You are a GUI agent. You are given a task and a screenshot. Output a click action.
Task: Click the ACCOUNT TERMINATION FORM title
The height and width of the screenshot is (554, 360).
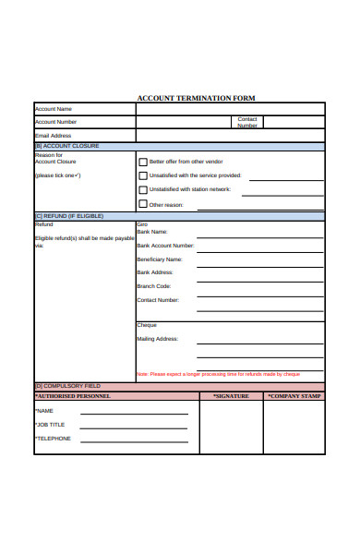[x=196, y=98]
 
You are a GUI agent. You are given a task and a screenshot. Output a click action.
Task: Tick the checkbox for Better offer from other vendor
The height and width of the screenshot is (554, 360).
[x=142, y=160]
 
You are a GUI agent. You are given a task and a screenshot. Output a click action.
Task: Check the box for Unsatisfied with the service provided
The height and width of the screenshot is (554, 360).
[x=142, y=175]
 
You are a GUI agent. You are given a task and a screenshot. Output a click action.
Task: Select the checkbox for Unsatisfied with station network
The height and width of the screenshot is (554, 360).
[x=142, y=189]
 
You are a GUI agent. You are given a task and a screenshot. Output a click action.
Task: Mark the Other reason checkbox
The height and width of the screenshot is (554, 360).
[x=142, y=204]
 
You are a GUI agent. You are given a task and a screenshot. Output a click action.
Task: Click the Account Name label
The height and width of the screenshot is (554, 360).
[x=54, y=109]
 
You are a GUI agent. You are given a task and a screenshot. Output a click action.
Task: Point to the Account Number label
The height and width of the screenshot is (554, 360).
[x=55, y=122]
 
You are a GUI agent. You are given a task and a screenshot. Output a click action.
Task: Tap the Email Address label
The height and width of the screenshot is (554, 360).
[x=53, y=136]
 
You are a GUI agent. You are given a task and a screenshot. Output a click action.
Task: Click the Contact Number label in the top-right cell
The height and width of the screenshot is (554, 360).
[x=247, y=122]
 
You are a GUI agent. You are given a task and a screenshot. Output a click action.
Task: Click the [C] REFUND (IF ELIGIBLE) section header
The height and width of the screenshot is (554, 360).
[x=69, y=216]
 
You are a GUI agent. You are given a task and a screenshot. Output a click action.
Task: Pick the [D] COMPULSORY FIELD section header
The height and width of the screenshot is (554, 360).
[x=67, y=385]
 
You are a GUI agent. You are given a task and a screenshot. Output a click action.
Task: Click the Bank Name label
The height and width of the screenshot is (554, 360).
[x=152, y=232]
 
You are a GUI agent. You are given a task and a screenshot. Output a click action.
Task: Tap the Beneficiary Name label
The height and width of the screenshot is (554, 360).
[x=159, y=259]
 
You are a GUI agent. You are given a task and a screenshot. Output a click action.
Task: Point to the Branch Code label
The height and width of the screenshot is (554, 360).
[x=154, y=286]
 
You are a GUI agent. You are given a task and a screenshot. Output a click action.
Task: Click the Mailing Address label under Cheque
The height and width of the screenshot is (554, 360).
[x=157, y=339]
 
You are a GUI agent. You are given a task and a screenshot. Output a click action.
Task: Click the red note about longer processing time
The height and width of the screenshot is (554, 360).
[x=218, y=374]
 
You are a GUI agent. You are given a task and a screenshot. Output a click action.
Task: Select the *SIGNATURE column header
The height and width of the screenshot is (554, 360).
[x=231, y=395]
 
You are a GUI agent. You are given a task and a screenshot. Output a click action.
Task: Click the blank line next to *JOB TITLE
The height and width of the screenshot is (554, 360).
[x=134, y=428]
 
